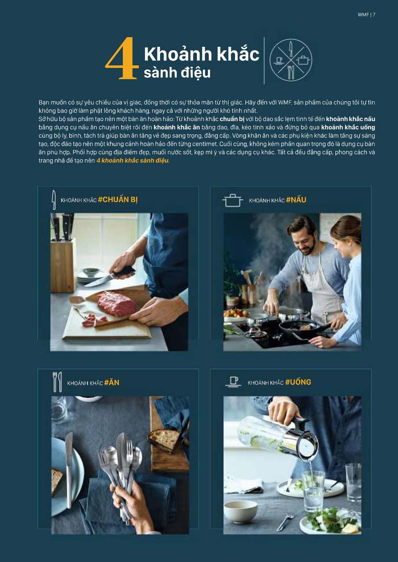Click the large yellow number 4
pos(121,59)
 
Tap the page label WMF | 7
pos(366,15)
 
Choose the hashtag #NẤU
pos(296,200)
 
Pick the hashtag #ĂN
pos(112,383)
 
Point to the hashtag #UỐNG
pos(298,382)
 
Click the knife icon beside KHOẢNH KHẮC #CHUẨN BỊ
pos(54,200)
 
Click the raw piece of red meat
pos(117,303)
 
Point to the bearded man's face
pos(303,239)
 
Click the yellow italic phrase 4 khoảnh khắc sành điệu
pos(133,161)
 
